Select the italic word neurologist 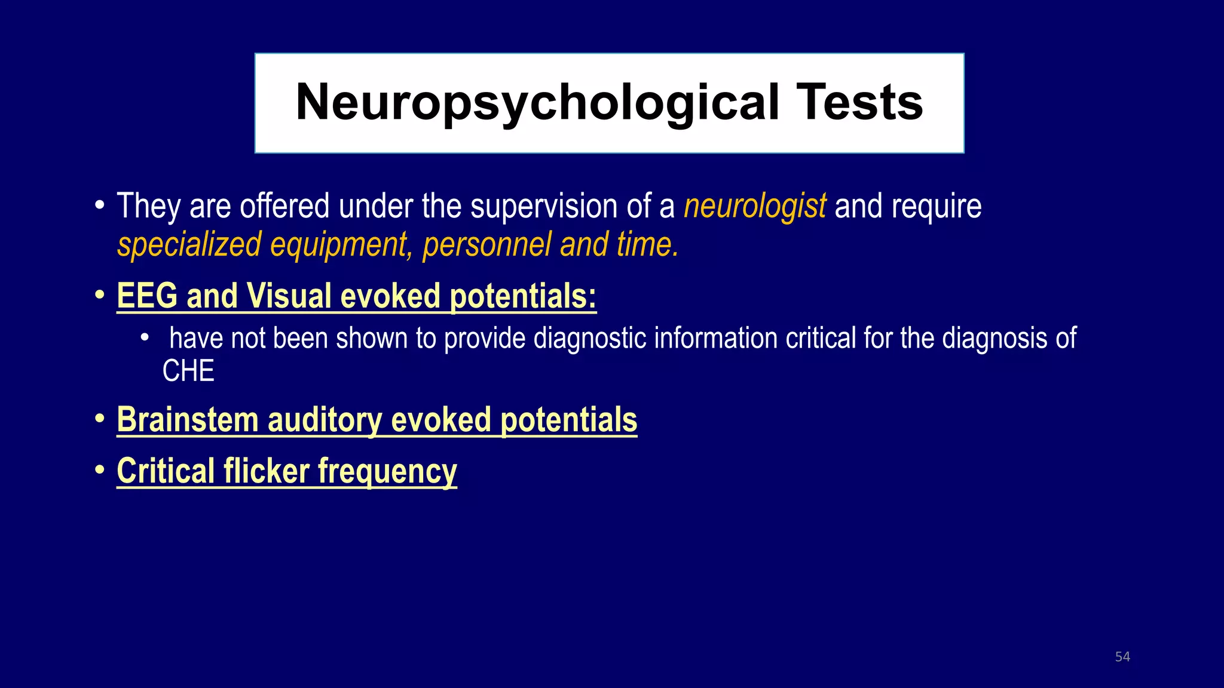(755, 207)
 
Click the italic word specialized (189, 245)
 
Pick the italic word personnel (486, 245)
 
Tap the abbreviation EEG (147, 296)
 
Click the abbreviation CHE (188, 371)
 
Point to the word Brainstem (188, 420)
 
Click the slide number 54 (1122, 657)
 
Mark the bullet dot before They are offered (100, 206)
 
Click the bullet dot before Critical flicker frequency (100, 470)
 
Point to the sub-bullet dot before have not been (144, 338)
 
